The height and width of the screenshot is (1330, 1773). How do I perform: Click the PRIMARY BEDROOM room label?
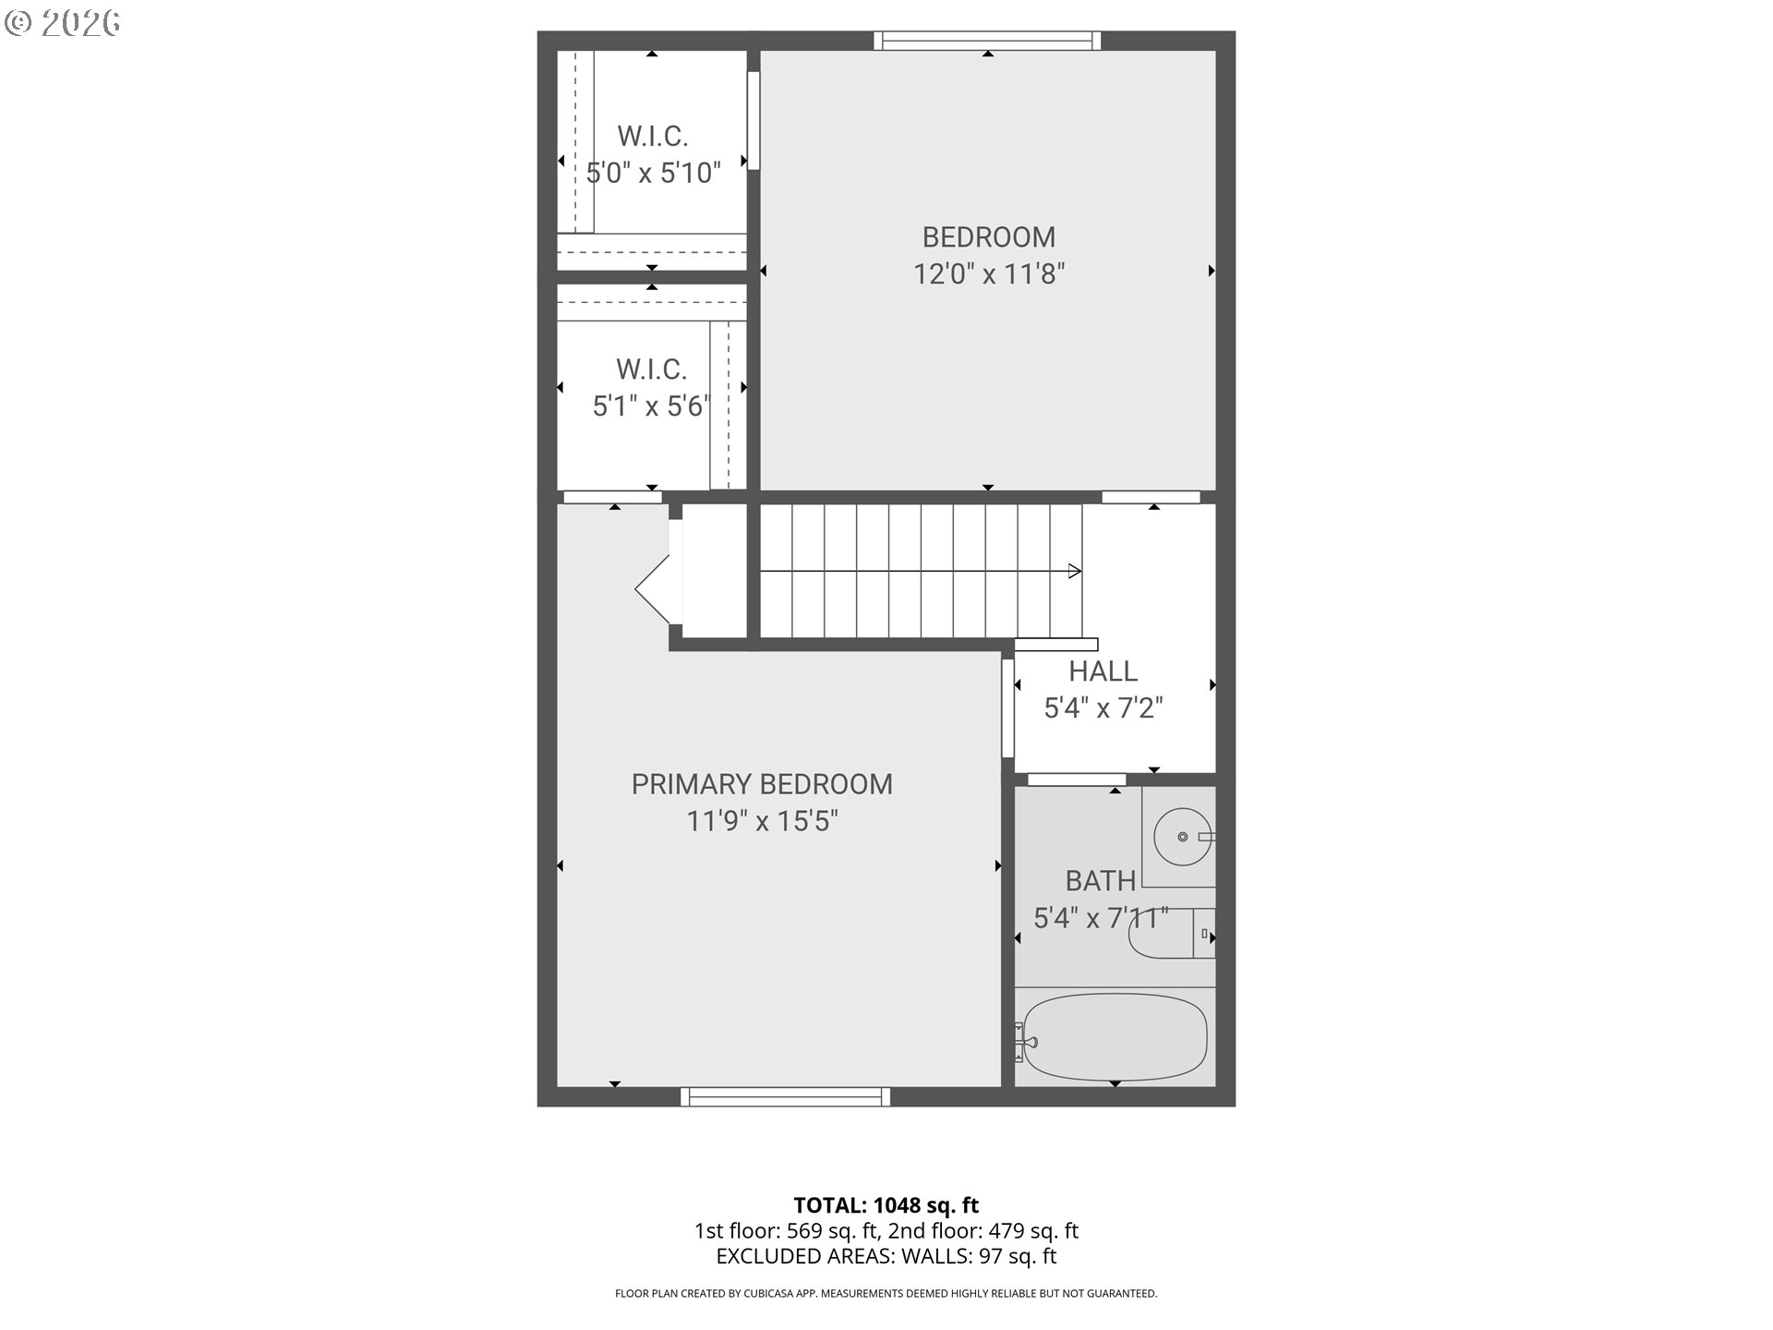click(762, 784)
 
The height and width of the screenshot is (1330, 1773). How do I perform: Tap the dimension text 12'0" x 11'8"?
click(989, 274)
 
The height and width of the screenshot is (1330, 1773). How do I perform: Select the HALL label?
click(1103, 671)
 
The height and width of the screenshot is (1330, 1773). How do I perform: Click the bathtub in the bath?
click(1115, 1037)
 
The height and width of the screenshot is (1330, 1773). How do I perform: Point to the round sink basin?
click(1183, 837)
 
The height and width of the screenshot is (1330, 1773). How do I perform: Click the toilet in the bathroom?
click(1171, 935)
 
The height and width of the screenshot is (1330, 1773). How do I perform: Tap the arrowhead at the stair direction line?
click(1075, 571)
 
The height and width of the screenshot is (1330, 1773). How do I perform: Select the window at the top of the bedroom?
click(987, 41)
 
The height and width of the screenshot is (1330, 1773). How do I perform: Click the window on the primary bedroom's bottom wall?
click(785, 1096)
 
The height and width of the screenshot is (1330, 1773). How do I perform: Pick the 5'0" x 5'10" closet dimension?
click(654, 173)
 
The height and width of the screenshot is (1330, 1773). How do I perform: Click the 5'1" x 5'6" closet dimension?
click(651, 406)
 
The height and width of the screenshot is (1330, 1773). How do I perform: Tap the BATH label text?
click(1100, 881)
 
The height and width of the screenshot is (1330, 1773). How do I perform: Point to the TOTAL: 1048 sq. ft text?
click(886, 1205)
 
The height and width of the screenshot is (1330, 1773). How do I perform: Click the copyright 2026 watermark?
click(63, 23)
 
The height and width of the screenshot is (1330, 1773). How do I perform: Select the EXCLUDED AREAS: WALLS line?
click(886, 1256)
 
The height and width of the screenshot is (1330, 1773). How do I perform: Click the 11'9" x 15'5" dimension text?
click(762, 821)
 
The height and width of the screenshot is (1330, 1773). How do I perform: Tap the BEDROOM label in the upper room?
click(988, 237)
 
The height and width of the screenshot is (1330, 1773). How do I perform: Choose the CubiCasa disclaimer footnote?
click(886, 1294)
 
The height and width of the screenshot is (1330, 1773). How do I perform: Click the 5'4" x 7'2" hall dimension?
click(1103, 708)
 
